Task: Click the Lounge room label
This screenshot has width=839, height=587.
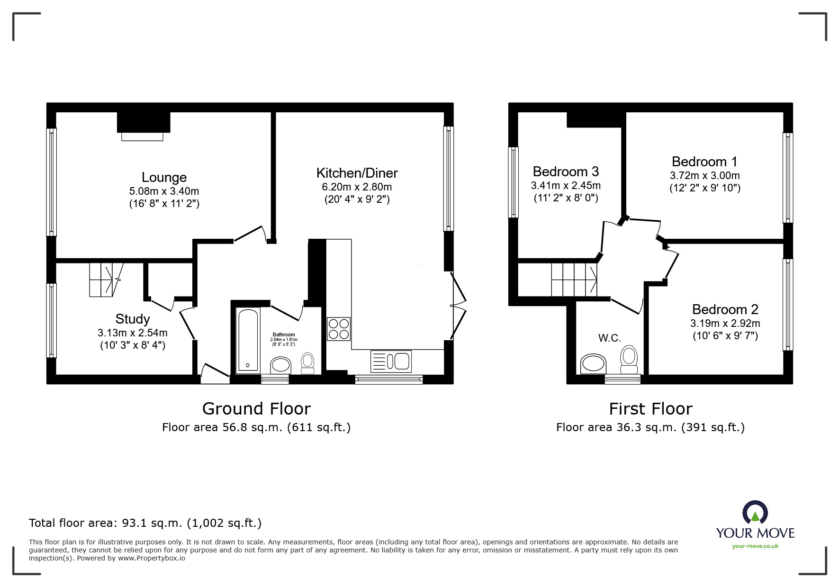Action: point(164,177)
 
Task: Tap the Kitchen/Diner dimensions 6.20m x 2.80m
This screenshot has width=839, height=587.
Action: point(357,187)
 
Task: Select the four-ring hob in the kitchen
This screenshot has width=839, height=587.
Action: point(339,329)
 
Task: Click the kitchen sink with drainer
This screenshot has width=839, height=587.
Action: point(391,361)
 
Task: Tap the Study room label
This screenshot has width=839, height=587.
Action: point(133,319)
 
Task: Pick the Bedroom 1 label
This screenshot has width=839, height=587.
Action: point(704,162)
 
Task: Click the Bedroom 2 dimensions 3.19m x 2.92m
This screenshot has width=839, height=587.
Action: point(725,324)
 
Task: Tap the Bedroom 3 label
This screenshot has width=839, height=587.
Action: point(566,171)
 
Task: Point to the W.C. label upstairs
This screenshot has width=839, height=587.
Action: point(609,338)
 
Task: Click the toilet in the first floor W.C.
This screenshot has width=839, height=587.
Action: point(629,361)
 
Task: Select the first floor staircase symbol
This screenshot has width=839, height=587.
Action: point(574,280)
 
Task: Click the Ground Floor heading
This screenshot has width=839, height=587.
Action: point(256,408)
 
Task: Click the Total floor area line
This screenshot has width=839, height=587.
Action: point(145,523)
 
